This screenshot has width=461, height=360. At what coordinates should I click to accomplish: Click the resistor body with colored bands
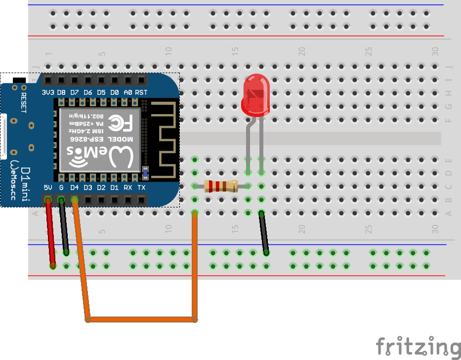(220, 186)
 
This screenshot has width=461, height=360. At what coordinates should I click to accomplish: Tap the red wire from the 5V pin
(50, 232)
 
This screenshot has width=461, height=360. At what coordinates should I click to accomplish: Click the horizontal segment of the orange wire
(141, 320)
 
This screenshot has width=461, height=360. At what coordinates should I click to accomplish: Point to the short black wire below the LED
(263, 233)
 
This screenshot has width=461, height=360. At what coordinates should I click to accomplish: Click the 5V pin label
(48, 188)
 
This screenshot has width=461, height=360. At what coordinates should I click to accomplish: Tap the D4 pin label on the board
(75, 188)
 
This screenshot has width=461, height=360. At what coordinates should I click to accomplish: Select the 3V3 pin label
(48, 92)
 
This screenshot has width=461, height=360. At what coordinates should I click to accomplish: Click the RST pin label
(141, 92)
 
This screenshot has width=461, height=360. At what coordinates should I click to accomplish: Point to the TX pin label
(141, 188)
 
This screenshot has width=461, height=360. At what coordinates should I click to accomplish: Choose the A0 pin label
(128, 92)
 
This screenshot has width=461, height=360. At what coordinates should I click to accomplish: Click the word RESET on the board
(23, 102)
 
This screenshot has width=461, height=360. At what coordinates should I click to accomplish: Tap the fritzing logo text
(418, 346)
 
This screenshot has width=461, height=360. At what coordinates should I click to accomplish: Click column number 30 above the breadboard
(435, 50)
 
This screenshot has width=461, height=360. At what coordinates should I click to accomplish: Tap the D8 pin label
(61, 92)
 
